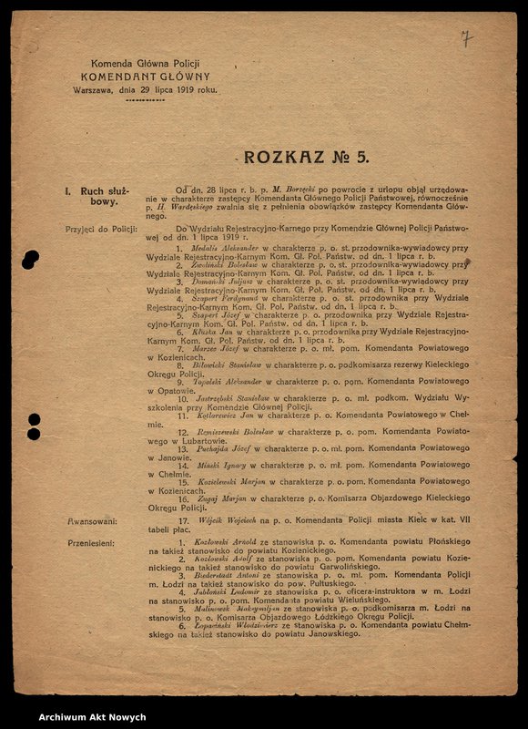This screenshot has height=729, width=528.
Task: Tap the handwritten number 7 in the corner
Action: [466, 38]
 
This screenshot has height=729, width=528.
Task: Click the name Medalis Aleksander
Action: [218, 248]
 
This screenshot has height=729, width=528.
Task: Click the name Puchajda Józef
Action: [218, 448]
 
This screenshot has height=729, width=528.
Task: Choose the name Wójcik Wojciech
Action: [218, 520]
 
